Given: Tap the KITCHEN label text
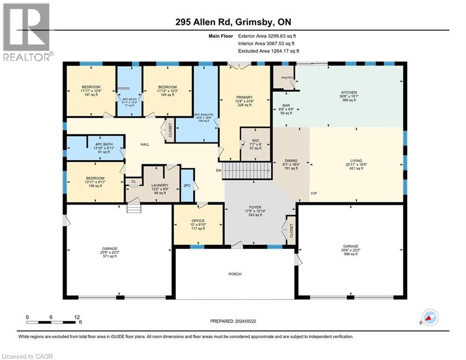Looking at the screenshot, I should coord(349,93).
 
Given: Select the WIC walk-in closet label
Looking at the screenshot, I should coord(255,139).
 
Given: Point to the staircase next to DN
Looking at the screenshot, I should coord(246,171).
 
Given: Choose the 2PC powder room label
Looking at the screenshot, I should coord(187,185).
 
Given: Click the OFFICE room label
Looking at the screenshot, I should coord(198,220).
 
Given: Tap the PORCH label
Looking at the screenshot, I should coord(235,274).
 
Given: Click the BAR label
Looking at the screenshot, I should coord(286,105).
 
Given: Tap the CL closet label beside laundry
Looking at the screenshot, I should coord(133,181).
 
